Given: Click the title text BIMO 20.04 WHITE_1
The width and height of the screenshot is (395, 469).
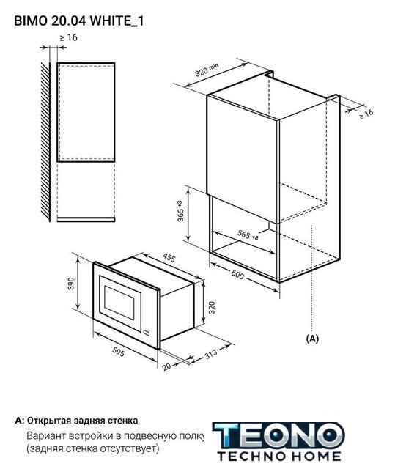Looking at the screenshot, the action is click(79, 21).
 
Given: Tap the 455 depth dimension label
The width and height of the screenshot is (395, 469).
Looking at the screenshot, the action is click(169, 257).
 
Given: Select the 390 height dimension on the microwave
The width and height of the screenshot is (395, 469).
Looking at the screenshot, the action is click(70, 284).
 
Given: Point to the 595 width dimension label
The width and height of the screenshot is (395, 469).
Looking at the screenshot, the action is click(119, 352).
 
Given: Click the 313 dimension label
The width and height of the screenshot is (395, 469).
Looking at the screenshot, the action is click(211, 355).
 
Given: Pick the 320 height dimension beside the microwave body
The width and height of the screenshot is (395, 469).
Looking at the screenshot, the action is click(212, 308).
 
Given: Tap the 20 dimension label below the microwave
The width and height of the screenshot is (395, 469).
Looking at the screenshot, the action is click(166, 366).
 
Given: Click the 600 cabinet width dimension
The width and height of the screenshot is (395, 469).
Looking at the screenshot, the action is click(237, 275).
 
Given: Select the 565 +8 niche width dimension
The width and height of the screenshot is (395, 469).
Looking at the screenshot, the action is click(248, 235).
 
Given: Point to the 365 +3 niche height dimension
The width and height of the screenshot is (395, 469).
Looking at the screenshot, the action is click(180, 211).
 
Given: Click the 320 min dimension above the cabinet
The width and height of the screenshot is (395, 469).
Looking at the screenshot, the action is click(207, 70).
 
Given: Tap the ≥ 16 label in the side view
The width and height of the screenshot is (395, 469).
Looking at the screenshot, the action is click(68, 37).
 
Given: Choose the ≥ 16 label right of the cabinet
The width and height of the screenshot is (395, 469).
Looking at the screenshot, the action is click(366, 114).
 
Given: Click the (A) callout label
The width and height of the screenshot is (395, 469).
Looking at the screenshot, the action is click(312, 339).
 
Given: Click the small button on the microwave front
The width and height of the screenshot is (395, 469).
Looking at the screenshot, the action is click(147, 332).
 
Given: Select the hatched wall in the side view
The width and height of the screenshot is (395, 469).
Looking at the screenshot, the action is click(45, 142).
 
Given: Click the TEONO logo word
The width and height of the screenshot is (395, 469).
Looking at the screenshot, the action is click(278, 436).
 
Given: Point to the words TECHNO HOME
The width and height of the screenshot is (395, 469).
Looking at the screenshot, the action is click(279, 457).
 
